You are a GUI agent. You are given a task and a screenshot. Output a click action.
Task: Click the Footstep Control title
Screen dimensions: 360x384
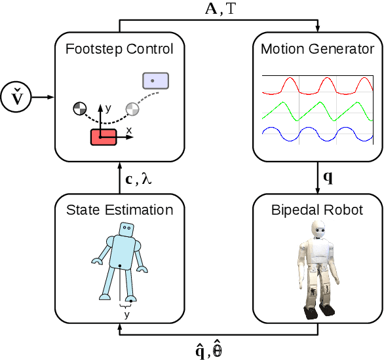(119, 48)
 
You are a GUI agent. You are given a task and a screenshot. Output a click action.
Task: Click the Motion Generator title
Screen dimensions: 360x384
(317, 48)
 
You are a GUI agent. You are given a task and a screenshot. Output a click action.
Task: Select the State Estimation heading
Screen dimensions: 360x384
(119, 210)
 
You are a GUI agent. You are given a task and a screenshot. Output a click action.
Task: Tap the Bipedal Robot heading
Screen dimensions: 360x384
(317, 210)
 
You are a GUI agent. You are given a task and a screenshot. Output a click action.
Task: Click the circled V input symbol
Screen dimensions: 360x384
(14, 98)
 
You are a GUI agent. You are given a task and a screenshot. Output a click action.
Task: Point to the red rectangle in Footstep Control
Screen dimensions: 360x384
(103, 136)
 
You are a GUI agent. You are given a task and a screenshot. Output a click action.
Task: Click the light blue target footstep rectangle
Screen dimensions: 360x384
(156, 81)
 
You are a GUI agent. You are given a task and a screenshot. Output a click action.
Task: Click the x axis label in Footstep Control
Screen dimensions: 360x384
(128, 131)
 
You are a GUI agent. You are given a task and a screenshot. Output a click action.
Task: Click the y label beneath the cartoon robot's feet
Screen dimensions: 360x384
(126, 314)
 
